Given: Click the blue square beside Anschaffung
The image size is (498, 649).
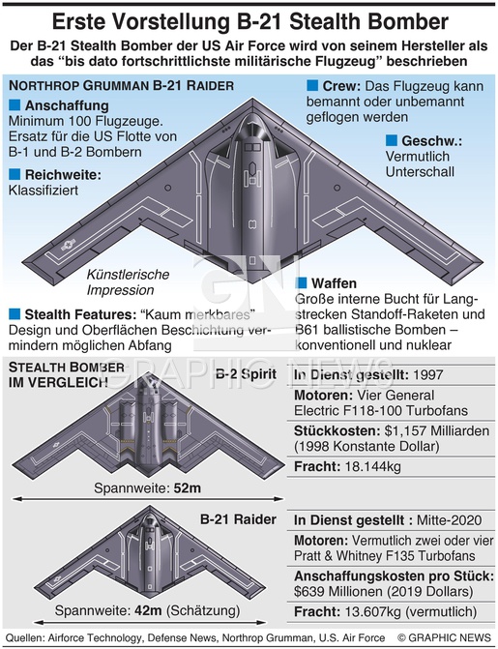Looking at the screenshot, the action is [15, 104].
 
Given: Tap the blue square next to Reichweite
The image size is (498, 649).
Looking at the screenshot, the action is [15, 174].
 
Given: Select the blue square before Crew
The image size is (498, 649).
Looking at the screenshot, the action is [312, 86].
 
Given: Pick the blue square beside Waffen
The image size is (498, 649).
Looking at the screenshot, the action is [301, 282].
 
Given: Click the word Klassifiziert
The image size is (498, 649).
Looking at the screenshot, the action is [44, 190].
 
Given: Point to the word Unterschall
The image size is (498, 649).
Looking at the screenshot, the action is [420, 171].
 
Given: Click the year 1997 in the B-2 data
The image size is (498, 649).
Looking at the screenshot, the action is [427, 374].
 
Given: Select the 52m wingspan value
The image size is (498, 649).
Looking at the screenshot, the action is [187, 488].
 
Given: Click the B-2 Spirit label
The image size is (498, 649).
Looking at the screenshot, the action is [246, 374].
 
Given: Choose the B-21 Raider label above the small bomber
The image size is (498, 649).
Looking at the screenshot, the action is [238, 519].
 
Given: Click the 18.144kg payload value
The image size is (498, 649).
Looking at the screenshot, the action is [372, 466].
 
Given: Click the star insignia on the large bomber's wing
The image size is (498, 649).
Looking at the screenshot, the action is [67, 246].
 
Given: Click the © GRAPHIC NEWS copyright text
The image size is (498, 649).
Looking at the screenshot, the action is [444, 637].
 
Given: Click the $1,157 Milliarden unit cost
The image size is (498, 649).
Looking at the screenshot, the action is [437, 430].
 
